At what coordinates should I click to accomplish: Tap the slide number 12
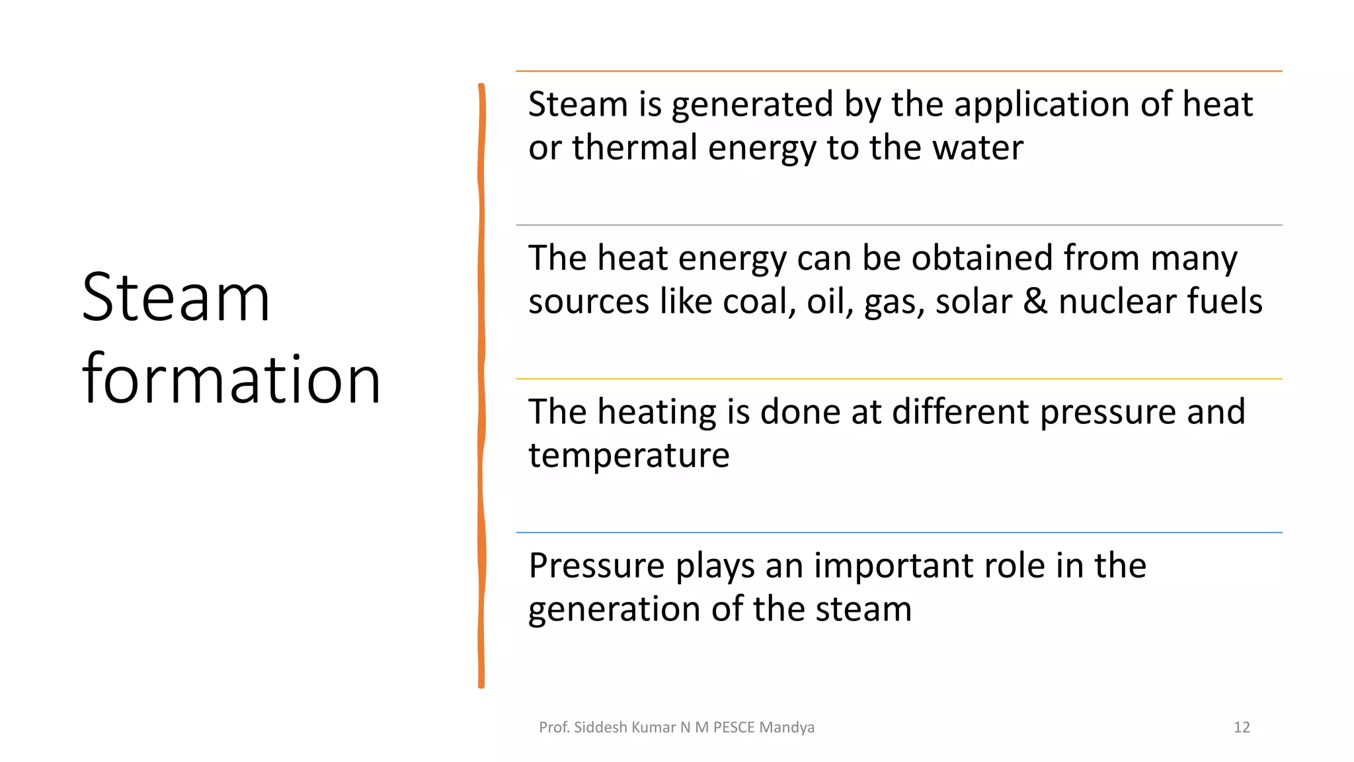pos(1242,728)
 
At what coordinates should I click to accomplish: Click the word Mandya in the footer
pos(787,728)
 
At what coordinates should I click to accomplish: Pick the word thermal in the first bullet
pos(635,148)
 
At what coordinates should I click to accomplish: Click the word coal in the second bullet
pos(759,302)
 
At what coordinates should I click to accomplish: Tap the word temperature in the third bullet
pos(629,456)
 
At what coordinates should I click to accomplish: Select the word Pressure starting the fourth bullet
pos(596,566)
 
